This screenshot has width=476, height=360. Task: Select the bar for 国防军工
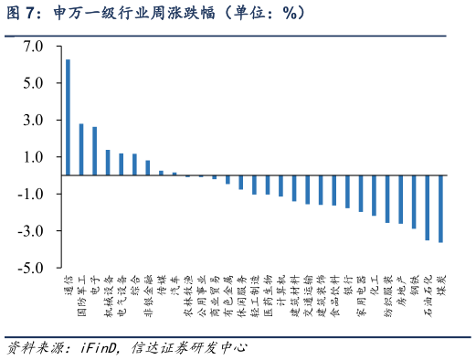pyautogui.click(x=81, y=150)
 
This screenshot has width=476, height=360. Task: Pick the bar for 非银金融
pyautogui.click(x=148, y=168)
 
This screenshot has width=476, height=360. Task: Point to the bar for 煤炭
pyautogui.click(x=440, y=208)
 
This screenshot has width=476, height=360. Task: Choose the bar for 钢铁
pyautogui.click(x=414, y=202)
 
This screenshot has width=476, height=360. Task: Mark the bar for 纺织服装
pyautogui.click(x=387, y=199)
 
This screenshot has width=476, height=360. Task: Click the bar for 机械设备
pyautogui.click(x=108, y=163)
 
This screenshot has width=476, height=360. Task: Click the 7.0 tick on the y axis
pyautogui.click(x=33, y=46)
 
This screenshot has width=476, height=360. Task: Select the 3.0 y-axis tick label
pyautogui.click(x=33, y=120)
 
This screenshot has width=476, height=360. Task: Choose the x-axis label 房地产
pyautogui.click(x=401, y=289)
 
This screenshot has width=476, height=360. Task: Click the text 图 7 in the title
pyautogui.click(x=21, y=14)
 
